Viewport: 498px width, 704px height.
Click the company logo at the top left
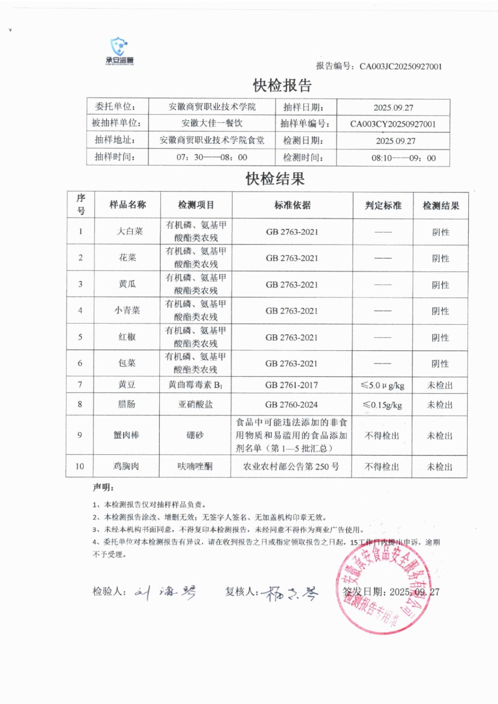(x=119, y=51)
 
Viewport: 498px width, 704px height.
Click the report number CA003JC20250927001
(x=400, y=66)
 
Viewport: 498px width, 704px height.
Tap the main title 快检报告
(x=282, y=85)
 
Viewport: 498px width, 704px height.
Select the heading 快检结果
(x=275, y=179)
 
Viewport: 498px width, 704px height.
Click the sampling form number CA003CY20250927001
(x=393, y=124)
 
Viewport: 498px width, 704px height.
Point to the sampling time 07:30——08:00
(x=212, y=157)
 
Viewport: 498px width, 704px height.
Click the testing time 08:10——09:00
(x=403, y=158)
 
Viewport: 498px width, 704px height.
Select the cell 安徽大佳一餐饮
(x=212, y=123)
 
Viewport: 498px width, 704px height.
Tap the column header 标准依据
(x=292, y=205)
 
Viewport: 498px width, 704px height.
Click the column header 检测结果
(x=440, y=205)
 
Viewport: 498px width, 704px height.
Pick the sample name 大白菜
(x=129, y=231)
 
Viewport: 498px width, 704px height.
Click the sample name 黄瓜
(x=127, y=284)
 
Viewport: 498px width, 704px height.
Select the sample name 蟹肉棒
(x=126, y=435)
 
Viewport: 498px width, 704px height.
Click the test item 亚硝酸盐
(x=195, y=404)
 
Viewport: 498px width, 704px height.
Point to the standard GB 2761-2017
(x=291, y=385)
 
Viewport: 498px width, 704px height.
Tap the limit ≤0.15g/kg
(x=382, y=405)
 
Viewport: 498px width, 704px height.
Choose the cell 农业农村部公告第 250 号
(x=291, y=466)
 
